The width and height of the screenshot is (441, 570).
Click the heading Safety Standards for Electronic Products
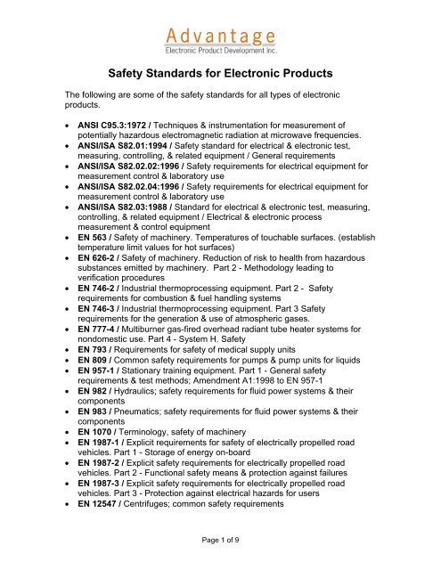click(x=220, y=76)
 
